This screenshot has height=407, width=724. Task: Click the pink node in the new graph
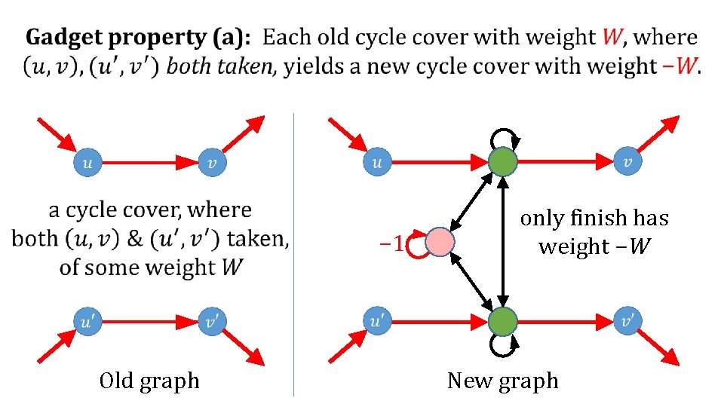coord(440,243)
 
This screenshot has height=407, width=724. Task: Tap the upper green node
coord(502,161)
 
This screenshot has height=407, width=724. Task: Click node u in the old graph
coord(87,161)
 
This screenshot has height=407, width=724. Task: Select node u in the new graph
coord(378,161)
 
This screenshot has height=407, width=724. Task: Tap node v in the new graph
coord(627,161)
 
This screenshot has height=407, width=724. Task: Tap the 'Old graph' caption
coord(149,381)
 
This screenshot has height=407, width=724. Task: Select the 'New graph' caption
coord(503,381)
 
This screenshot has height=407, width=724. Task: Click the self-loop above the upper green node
coord(502,137)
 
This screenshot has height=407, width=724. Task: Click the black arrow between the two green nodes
coord(502,241)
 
